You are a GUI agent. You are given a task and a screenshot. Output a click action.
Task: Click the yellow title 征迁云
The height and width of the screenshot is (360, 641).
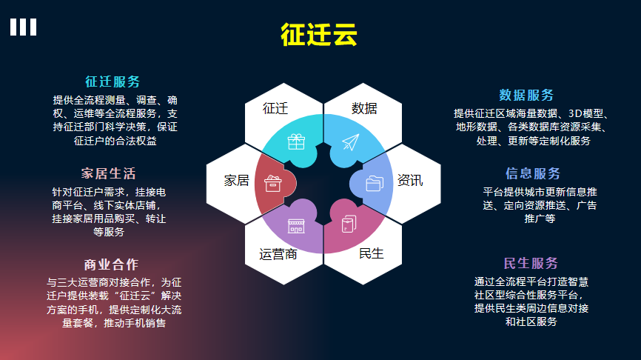(319, 34)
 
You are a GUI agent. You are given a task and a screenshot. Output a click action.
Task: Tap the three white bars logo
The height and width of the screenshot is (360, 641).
(23, 27)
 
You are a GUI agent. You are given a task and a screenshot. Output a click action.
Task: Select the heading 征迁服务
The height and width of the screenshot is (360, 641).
(113, 81)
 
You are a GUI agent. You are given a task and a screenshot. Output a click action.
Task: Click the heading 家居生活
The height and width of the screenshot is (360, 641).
(108, 173)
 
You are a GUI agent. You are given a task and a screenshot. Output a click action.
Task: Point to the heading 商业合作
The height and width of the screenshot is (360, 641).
(111, 264)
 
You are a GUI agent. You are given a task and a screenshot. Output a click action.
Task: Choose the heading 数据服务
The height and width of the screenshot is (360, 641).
(526, 95)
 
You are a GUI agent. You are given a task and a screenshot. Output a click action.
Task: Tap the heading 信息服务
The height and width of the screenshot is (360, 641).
(533, 173)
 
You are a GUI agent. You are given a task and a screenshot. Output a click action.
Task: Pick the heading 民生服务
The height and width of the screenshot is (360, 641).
(531, 263)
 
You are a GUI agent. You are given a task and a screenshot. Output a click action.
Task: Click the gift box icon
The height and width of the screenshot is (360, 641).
(296, 142)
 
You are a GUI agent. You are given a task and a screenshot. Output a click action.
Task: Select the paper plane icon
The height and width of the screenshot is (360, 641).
(351, 142)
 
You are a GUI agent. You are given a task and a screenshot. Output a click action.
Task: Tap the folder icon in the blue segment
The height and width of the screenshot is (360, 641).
(375, 183)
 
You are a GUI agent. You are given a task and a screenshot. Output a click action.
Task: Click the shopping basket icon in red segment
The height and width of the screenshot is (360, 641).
(272, 183)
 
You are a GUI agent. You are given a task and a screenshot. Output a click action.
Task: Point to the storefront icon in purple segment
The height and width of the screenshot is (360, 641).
(296, 226)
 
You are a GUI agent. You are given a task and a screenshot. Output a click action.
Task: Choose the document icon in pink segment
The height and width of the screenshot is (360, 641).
(349, 224)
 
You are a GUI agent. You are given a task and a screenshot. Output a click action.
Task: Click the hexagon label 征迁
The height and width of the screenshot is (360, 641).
(275, 108)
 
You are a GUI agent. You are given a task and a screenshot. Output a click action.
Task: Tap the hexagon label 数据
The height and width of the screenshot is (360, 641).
(364, 108)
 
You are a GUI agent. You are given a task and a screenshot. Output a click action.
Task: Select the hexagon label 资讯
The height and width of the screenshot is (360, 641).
(410, 181)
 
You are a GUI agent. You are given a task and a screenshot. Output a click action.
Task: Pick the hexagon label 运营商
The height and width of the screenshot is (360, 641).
(278, 255)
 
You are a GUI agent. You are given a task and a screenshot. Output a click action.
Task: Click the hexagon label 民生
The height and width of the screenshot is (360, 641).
(371, 253)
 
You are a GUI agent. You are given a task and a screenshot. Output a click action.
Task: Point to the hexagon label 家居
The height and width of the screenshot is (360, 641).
(237, 181)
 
